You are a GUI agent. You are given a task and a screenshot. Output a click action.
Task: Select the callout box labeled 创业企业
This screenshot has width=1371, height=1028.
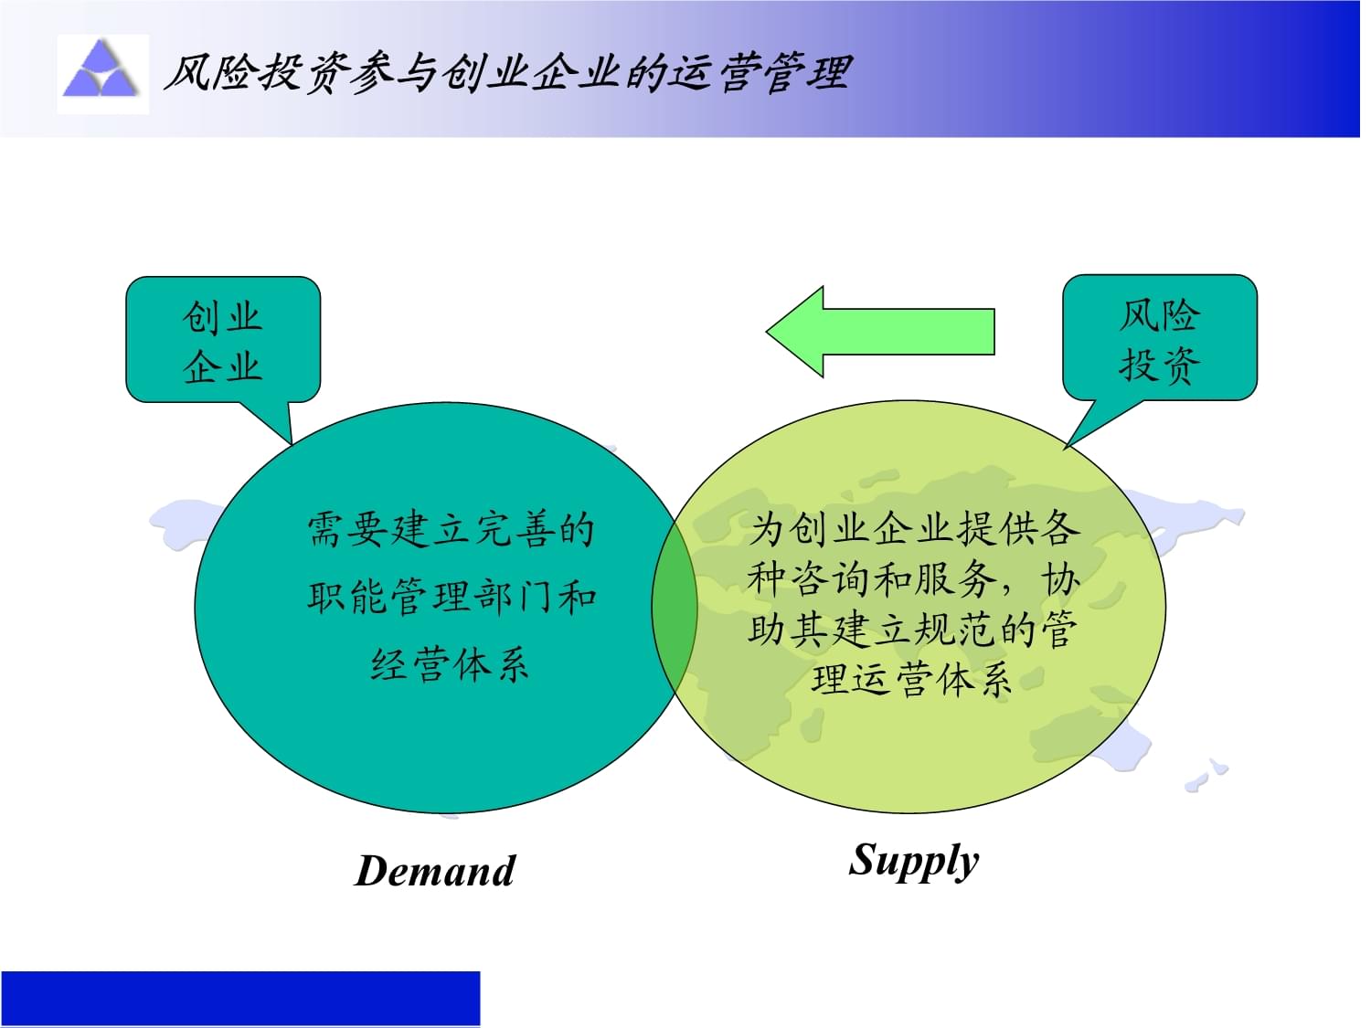[x=222, y=340]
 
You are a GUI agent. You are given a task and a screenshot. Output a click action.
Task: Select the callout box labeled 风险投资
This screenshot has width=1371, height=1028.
[x=1159, y=338]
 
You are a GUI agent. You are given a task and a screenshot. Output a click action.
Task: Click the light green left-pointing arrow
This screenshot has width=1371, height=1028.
[x=880, y=332]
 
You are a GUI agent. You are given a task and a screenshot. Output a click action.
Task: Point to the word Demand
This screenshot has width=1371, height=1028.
[x=435, y=871]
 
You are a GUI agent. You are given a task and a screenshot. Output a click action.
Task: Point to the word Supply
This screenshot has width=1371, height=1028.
[x=913, y=861]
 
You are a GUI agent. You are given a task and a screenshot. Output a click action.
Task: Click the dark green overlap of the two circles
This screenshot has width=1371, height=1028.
[x=675, y=606]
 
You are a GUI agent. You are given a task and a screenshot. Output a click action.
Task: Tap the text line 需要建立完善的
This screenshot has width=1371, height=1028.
[x=451, y=530]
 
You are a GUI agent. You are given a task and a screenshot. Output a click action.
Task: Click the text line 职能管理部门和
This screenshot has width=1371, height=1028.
[x=452, y=598]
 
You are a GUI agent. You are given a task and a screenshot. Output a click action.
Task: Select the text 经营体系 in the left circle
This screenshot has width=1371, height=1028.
[x=450, y=664]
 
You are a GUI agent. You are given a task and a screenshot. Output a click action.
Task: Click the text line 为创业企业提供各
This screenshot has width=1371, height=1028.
[x=915, y=528]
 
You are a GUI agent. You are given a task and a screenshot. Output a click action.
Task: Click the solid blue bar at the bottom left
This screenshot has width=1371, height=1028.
[x=240, y=998]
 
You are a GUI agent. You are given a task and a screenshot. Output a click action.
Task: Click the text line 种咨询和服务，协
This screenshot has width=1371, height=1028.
[x=913, y=579]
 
